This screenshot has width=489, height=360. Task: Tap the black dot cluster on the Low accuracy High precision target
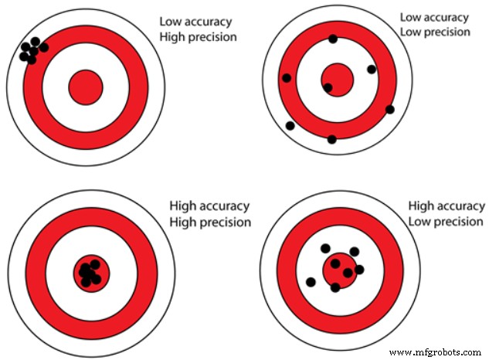(32, 50)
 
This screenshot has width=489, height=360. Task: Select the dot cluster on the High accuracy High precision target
(90, 272)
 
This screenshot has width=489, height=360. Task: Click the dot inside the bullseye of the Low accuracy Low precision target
(328, 87)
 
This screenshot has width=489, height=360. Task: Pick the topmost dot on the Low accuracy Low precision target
(333, 39)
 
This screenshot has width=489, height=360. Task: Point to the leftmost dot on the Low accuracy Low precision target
(287, 78)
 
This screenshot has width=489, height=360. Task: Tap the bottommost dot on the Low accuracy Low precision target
(332, 139)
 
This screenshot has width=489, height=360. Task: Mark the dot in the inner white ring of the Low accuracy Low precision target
(372, 70)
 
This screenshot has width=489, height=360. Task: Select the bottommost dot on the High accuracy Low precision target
(335, 287)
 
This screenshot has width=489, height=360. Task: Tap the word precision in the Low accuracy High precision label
(212, 36)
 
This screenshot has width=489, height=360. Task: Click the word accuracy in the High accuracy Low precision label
(461, 206)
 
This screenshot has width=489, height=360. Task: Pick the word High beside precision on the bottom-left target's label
(183, 222)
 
